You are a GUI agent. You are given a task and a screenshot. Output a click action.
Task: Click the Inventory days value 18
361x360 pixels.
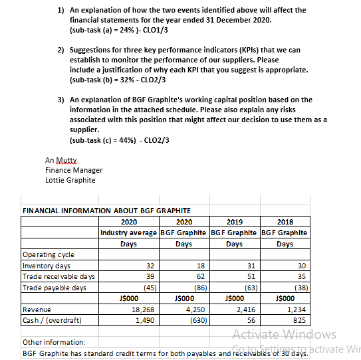200,265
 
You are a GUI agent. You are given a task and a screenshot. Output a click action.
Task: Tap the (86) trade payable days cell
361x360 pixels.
197,287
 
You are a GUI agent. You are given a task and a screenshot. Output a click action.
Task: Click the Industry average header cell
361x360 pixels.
128,232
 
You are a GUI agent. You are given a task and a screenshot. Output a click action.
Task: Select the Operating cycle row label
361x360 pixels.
49,254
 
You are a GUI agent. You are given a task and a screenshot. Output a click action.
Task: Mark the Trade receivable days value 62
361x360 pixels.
200,276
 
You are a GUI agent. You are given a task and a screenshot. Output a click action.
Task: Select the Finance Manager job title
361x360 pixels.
74,170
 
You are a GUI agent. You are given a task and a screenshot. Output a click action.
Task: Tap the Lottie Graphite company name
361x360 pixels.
70,180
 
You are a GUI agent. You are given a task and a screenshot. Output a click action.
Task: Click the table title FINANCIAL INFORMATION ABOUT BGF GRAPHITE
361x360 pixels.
102,211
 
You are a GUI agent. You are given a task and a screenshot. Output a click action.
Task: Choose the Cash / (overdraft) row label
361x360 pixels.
53,319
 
